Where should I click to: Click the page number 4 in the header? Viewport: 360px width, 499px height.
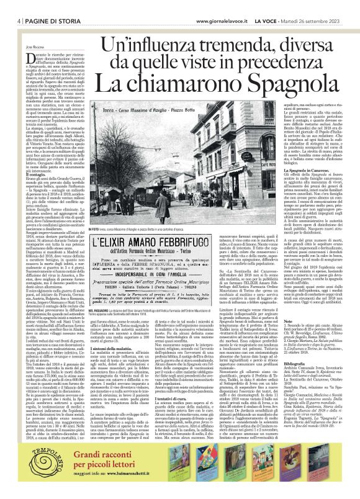click(x=12, y=6)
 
